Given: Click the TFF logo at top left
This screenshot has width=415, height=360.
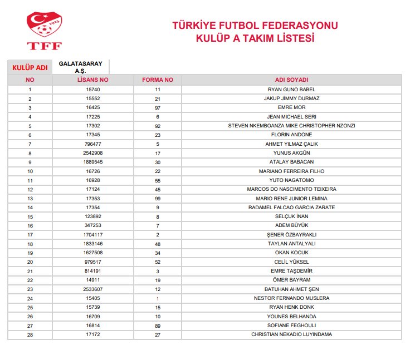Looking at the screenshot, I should [x=44, y=31].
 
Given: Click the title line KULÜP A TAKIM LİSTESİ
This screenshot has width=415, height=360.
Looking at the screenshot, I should [x=255, y=38].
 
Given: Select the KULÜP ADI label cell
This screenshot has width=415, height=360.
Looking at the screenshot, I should [x=30, y=67].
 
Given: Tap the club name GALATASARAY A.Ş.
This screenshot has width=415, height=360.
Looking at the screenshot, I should [x=80, y=67].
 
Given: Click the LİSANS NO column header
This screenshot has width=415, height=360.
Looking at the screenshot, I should [x=92, y=80].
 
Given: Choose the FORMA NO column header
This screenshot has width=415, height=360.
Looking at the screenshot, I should [x=158, y=80].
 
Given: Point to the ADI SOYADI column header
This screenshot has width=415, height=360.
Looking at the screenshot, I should [x=291, y=80].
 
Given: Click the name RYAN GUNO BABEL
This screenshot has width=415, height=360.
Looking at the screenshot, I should [x=291, y=90].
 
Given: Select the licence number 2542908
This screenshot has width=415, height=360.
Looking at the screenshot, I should [x=92, y=153].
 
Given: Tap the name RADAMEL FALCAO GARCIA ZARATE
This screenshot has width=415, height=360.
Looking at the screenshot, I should [x=291, y=208].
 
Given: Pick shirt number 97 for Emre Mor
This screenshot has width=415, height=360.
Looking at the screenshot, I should [x=158, y=107].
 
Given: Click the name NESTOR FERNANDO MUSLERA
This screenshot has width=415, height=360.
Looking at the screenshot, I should [x=291, y=298].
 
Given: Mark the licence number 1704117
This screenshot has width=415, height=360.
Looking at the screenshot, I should [x=92, y=235].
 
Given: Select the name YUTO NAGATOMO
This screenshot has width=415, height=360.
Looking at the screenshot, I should [x=291, y=180].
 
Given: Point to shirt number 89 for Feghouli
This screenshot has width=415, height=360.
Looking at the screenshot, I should [x=158, y=326].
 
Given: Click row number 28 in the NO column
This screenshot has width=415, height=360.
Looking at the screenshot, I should [x=30, y=334].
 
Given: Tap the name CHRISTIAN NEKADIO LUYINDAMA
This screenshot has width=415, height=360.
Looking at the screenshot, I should [x=291, y=334].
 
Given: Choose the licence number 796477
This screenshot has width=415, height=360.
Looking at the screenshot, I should [x=92, y=144].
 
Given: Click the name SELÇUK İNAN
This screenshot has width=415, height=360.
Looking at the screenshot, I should [x=291, y=216].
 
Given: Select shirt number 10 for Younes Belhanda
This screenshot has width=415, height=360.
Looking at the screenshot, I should [x=158, y=316].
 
